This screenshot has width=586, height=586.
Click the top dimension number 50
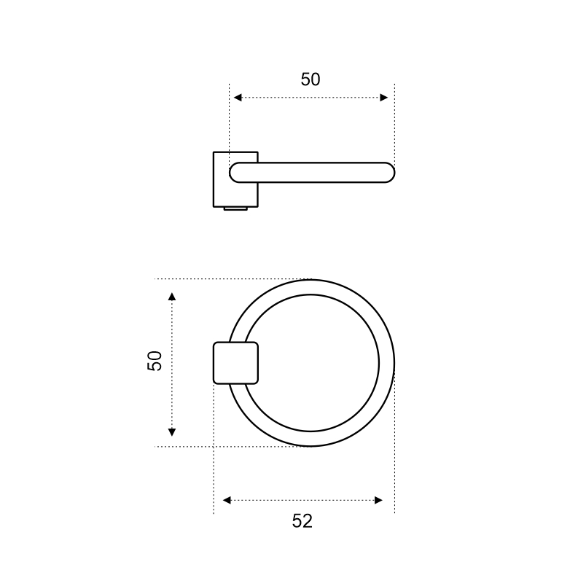[310, 79]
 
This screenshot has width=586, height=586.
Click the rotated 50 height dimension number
[155, 361]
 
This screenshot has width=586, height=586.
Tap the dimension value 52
[302, 521]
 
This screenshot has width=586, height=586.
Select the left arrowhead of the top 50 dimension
[238, 98]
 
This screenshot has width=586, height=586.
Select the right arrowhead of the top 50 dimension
[384, 98]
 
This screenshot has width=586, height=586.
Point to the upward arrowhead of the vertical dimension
[172, 297]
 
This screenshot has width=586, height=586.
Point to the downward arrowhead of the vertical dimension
[172, 432]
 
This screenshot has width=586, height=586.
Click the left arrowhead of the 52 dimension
[227, 500]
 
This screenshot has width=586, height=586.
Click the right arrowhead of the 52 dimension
[378, 500]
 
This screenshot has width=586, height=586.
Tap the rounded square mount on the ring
[236, 363]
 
